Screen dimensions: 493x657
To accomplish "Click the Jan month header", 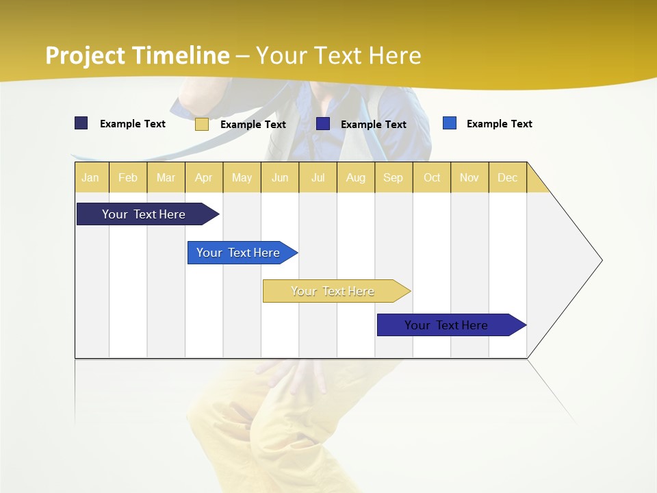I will coord(90,177).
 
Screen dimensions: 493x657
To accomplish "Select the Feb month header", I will coord(128,177).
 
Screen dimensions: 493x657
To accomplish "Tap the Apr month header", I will coord(203,177).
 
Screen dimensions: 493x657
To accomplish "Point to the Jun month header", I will coord(280,177).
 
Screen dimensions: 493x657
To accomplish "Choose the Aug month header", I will coord(355,177).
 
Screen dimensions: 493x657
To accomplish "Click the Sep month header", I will coord(393,177).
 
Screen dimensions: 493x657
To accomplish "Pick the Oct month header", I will coord(432,177).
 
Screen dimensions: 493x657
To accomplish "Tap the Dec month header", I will coord(507,177).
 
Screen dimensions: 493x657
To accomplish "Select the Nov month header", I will coord(469,177).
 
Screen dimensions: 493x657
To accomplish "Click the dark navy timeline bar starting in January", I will coord(144,214).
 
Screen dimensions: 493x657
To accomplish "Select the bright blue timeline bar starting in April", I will coord(238,253).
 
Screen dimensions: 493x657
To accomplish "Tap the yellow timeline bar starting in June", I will coord(333,291).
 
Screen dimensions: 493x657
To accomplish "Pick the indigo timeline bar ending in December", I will coord(446,325).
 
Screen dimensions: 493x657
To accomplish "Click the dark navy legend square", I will coord(81,123).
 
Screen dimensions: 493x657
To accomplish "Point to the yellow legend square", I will coord(201,124).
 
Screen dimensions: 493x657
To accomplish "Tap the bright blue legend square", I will coord(449,123).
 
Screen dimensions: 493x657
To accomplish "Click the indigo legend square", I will coord(323,124).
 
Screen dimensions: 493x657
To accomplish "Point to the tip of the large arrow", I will coord(601,260).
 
